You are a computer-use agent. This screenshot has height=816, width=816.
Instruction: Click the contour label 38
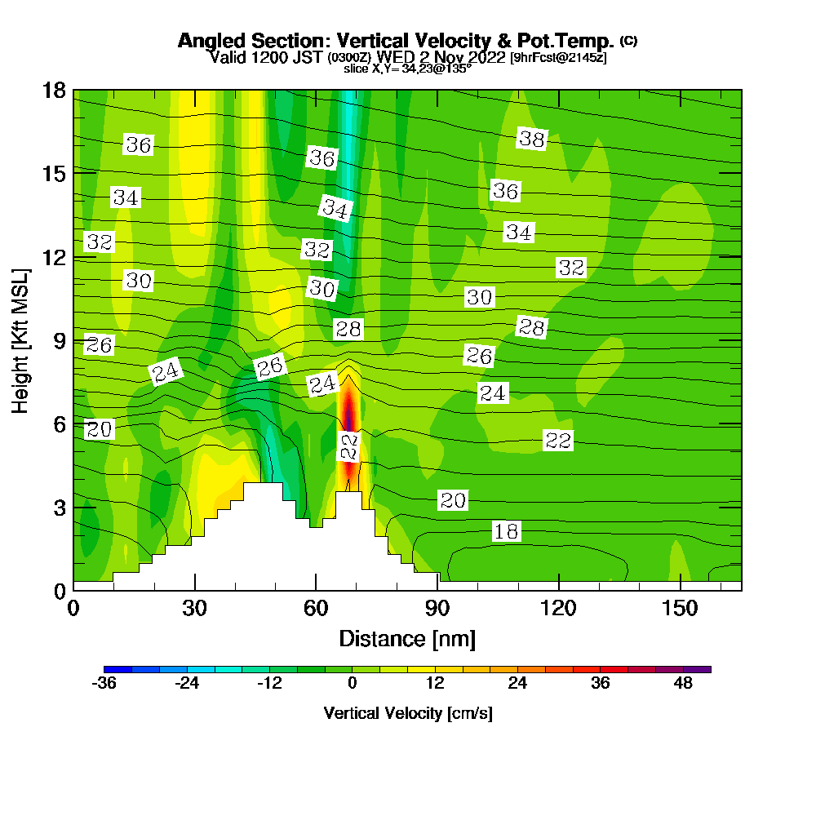click(x=532, y=140)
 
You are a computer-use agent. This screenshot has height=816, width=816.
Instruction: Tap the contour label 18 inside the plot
click(x=506, y=532)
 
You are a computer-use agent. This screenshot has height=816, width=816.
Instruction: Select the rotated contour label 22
click(x=349, y=446)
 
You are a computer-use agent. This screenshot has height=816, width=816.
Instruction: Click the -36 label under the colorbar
click(x=104, y=684)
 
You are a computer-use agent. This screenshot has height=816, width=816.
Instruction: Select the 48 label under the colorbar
click(x=683, y=684)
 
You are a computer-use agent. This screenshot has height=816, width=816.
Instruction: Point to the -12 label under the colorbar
click(x=269, y=684)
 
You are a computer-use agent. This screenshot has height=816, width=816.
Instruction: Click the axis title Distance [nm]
click(x=407, y=638)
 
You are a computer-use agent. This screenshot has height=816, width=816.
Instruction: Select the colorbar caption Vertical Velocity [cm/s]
click(x=407, y=713)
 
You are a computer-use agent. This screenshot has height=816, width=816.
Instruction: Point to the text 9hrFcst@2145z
click(x=558, y=58)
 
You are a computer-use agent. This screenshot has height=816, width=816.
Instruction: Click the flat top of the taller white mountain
click(x=263, y=486)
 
